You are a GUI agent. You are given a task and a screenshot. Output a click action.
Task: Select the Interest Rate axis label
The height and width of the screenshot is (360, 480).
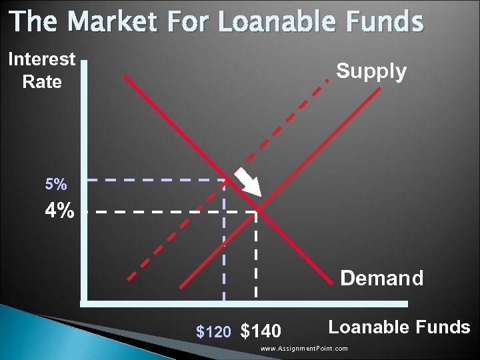point(41,71)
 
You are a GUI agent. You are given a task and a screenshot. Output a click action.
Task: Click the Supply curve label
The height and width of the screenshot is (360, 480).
point(371,71)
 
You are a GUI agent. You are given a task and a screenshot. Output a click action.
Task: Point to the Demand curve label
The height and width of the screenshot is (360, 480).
point(381,278)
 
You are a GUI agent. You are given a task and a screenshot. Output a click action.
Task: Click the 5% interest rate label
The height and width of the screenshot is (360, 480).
point(56,184)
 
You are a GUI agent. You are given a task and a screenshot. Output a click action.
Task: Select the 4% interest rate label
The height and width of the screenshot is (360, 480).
point(59,211)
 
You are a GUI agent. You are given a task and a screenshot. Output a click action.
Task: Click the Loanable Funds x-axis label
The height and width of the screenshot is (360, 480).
point(399,327)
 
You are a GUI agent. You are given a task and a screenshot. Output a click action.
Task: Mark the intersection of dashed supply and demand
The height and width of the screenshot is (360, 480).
point(225,179)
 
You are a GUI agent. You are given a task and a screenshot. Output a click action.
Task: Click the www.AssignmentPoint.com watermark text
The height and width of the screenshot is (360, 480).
point(304,349)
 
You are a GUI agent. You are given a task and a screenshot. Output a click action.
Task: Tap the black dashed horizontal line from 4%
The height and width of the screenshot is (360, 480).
point(167,211)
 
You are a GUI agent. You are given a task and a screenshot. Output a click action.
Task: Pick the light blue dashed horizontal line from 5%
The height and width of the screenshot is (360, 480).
point(153,179)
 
